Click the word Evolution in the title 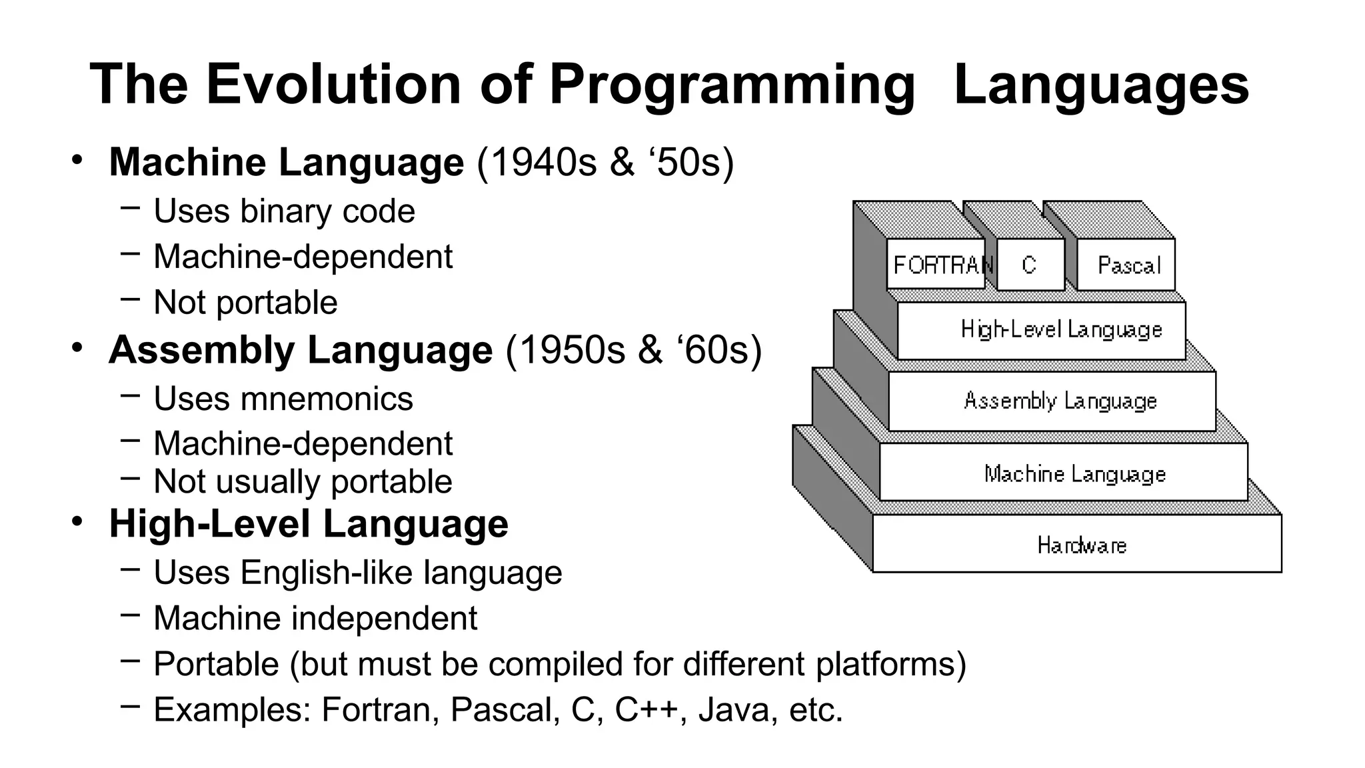point(333,85)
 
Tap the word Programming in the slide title point(732,85)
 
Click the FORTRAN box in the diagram point(936,265)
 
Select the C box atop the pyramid point(1030,265)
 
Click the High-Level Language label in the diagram point(1061,329)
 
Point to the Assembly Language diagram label point(1060,401)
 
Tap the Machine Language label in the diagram point(1074,473)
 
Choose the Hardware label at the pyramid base point(1081,545)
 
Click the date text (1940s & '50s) point(605,162)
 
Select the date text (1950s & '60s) point(633,350)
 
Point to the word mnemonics point(327,399)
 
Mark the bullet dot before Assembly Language point(78,347)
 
